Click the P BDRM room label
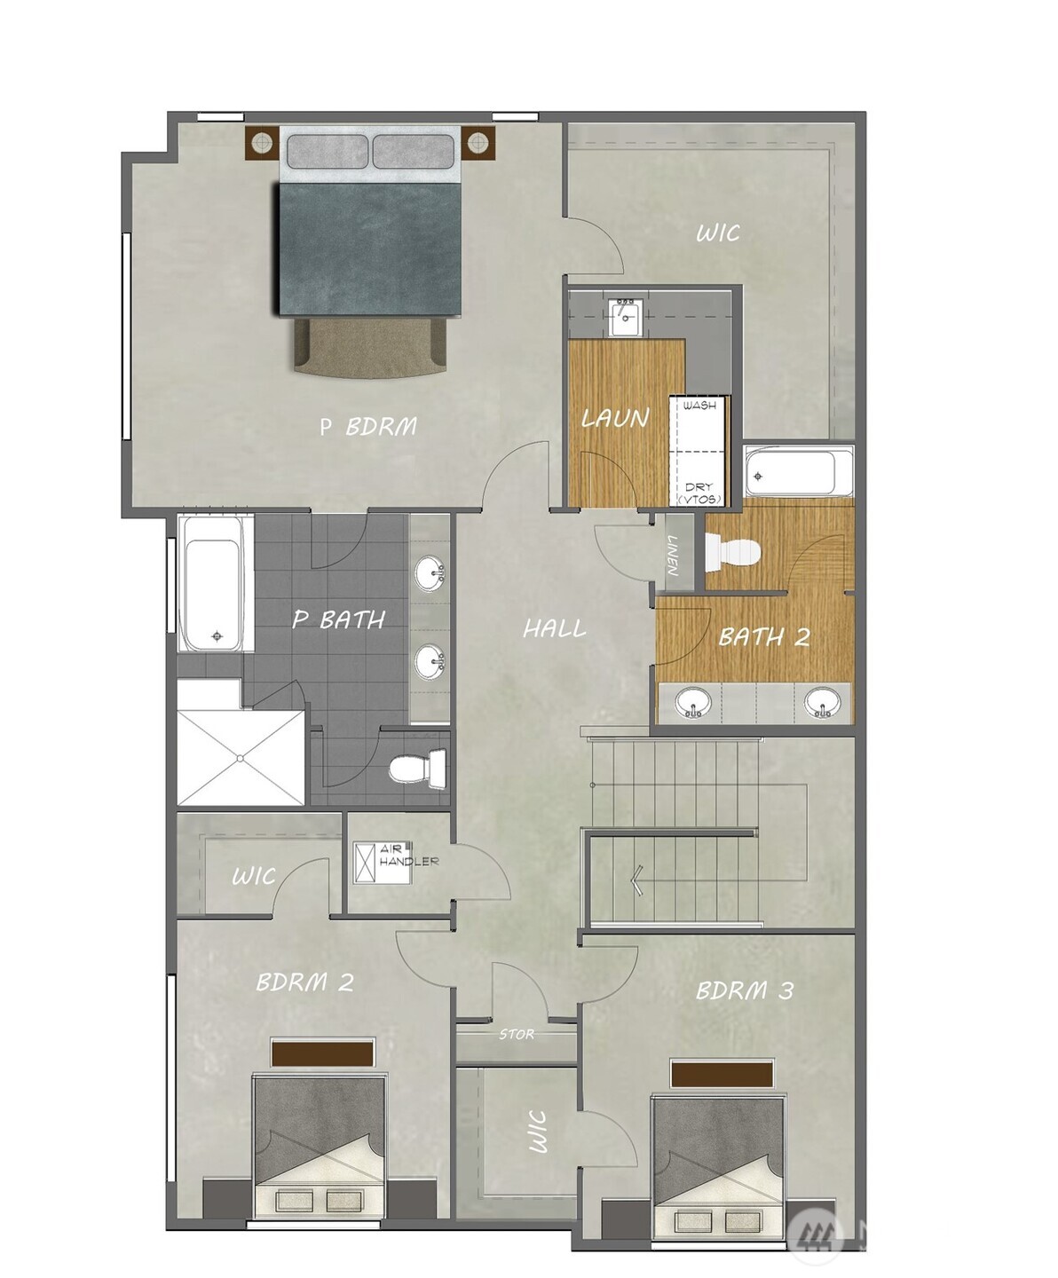368,427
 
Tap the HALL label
554,629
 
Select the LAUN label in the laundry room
615,417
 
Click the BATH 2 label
763,636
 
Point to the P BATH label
338,619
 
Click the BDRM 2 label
304,982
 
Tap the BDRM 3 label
744,990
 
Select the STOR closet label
517,1035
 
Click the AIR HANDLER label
407,856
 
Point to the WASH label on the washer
699,406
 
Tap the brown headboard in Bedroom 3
722,1073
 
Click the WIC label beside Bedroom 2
253,877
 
